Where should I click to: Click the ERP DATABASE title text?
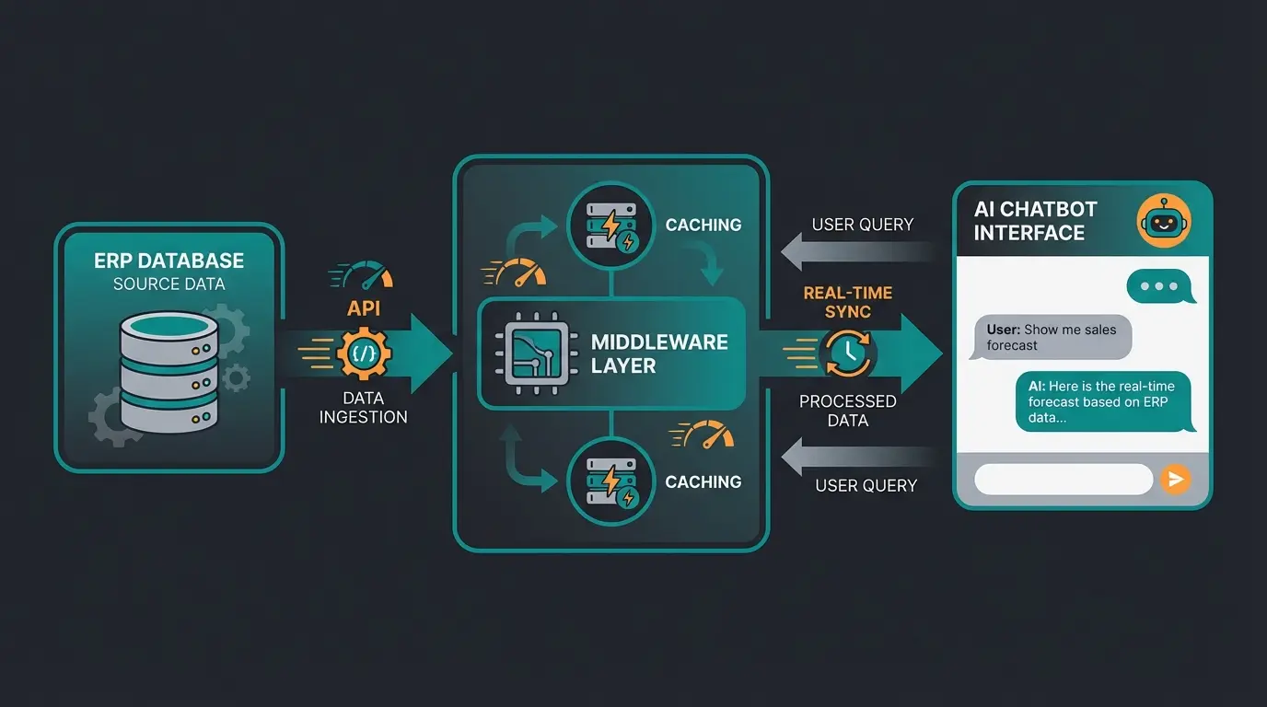169,261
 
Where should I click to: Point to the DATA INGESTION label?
364,408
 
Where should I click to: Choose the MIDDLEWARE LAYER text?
659,353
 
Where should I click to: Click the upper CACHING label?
703,225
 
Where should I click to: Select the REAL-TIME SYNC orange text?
848,302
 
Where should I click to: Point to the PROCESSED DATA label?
848,411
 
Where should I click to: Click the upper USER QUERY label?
863,225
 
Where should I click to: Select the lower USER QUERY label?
866,485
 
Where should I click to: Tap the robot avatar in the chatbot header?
1164,222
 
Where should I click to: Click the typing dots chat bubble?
1159,286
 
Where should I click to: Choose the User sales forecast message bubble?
1052,338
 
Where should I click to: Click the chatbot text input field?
1064,480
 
